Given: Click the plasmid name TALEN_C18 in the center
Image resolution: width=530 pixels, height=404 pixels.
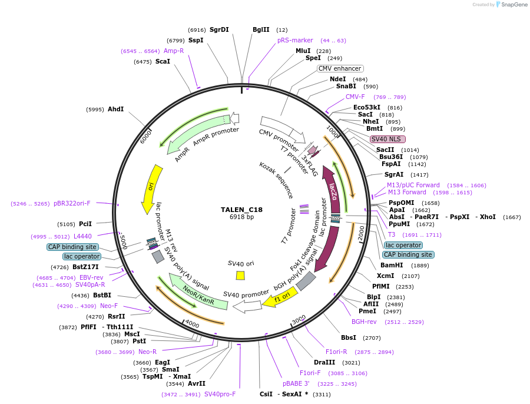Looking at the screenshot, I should [241, 209].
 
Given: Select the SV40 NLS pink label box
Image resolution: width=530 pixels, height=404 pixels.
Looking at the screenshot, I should [387, 140].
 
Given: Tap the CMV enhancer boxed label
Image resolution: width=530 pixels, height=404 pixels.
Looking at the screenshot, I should [340, 69].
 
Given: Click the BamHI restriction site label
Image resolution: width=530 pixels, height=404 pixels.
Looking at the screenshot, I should [392, 265].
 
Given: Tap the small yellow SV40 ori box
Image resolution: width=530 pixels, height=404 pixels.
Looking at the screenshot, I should [240, 275].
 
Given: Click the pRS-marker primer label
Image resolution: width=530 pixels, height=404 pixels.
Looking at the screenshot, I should [295, 41].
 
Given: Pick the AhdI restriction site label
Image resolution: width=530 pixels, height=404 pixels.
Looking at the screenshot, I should [116, 109].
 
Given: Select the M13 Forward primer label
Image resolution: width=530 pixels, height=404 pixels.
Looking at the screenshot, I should [406, 193].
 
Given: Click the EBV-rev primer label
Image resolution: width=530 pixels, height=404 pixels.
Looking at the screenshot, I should [91, 277].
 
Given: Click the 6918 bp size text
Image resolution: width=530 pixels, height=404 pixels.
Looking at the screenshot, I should [241, 217].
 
